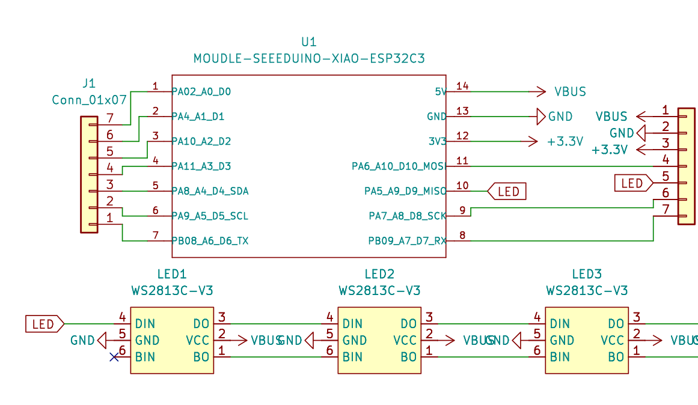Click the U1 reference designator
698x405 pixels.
point(308,42)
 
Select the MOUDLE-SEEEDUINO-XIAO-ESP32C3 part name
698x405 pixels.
point(309,59)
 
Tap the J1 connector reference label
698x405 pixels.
point(88,83)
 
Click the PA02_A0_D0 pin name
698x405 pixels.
point(201,92)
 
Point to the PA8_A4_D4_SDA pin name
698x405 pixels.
point(210,191)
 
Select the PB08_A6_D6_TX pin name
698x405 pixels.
point(210,241)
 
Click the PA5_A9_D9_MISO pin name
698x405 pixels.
point(405,191)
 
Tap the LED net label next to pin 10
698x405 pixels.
point(506,192)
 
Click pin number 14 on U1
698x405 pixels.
point(462,86)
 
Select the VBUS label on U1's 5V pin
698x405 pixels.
point(569,92)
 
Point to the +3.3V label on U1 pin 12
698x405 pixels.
point(565,142)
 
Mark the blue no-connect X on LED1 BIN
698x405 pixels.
point(114,358)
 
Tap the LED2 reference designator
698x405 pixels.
point(379,275)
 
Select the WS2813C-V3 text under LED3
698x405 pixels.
point(587,291)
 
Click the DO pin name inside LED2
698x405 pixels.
point(408,324)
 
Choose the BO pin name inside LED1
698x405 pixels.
point(201,357)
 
